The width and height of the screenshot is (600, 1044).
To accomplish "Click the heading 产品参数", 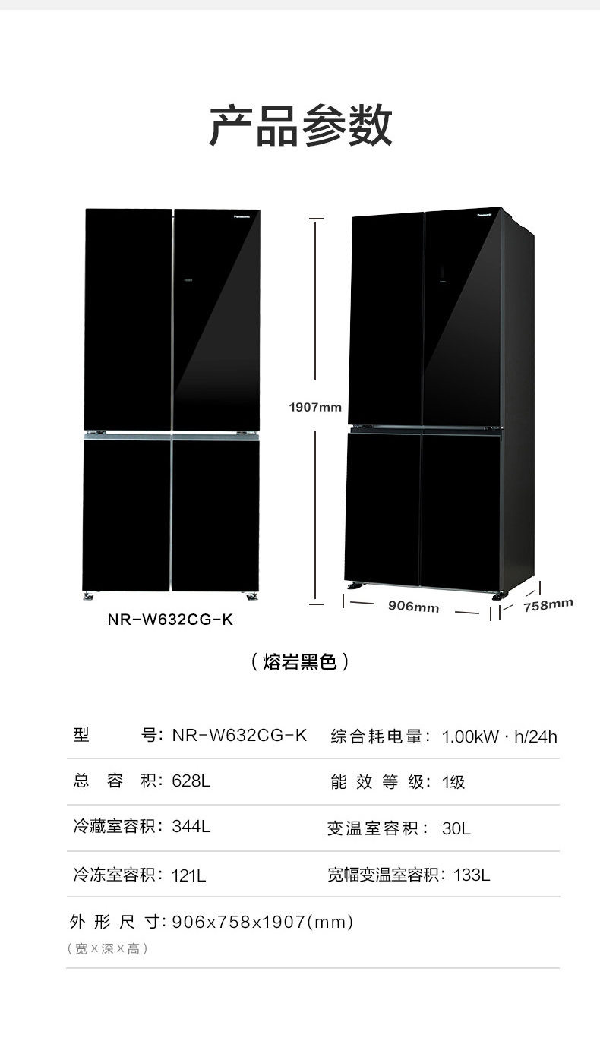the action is tap(301, 126).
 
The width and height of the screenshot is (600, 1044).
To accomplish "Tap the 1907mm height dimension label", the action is tap(315, 407).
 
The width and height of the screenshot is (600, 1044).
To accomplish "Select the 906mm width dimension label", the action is tap(413, 607).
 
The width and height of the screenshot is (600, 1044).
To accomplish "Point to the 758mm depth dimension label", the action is tap(548, 605).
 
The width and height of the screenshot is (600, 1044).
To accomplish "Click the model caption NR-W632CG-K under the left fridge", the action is tap(170, 620).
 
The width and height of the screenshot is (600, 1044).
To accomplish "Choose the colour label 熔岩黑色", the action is tap(300, 662).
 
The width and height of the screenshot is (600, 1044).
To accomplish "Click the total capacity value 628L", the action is tap(191, 781).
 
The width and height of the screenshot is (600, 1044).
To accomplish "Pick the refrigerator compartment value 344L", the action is tap(191, 827).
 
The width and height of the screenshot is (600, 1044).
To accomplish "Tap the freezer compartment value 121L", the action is tap(189, 875).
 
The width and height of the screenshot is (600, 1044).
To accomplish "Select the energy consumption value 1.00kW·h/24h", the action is tap(499, 736).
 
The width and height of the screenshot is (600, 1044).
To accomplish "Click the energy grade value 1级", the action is tap(453, 782).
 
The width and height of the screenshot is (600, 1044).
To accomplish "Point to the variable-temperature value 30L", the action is tap(456, 828).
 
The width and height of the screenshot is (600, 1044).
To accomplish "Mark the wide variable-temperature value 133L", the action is tap(472, 875).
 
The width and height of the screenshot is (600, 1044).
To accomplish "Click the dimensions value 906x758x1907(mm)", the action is tap(263, 922).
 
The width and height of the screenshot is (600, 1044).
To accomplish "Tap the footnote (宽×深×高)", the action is tap(107, 948).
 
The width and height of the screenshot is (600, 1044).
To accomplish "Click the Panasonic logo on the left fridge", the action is tap(245, 216).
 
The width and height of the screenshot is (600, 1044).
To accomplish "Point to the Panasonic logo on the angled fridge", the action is tap(485, 215).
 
